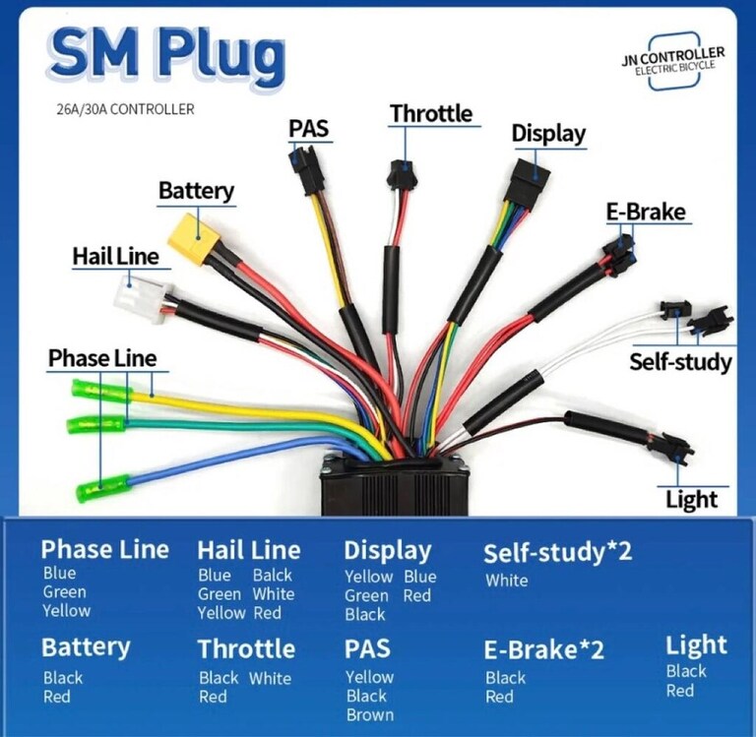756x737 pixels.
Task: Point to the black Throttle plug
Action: click(401, 175)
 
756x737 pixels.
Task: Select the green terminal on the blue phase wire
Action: click(103, 488)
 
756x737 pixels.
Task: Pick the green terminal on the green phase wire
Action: click(95, 424)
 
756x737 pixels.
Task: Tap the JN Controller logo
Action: click(673, 61)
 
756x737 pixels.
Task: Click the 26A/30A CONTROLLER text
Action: click(125, 109)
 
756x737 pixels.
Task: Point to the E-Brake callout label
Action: click(646, 213)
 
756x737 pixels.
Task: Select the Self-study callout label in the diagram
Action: click(680, 362)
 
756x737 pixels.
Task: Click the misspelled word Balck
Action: click(273, 575)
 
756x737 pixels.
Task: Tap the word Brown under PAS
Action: click(370, 714)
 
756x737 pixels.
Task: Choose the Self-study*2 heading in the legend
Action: click(557, 552)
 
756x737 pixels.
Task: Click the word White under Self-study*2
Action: click(506, 581)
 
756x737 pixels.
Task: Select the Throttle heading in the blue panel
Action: click(246, 648)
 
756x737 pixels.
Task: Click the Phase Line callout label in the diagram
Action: click(102, 358)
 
